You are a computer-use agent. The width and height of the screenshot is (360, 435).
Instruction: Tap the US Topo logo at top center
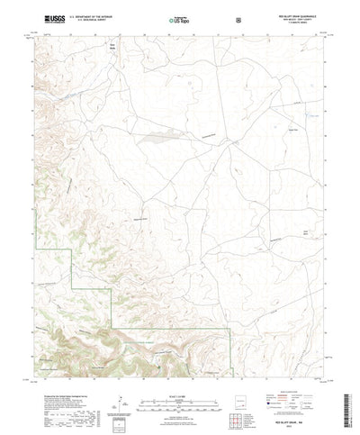point(180,17)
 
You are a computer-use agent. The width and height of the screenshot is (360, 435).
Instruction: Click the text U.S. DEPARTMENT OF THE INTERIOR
point(94,14)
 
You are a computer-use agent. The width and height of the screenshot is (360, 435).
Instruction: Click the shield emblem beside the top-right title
point(237,18)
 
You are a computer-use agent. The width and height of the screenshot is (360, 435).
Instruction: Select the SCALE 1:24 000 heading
point(180,388)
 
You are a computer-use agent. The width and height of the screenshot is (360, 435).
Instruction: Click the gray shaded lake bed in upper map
point(151,137)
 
